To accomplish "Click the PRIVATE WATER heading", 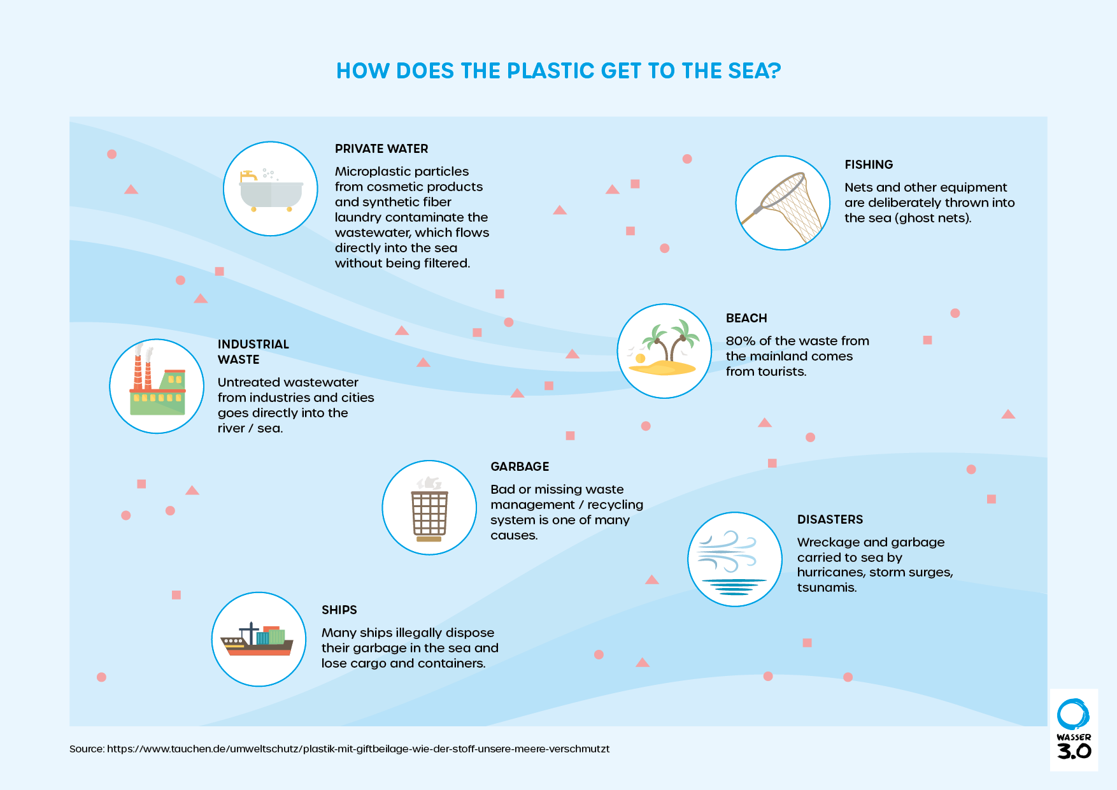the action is tap(381, 148).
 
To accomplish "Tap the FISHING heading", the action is tap(869, 164).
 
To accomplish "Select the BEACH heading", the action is tap(746, 318).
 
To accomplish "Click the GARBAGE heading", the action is tap(520, 466).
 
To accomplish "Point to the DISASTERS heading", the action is tap(830, 519).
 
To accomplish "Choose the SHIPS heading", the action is tap(339, 610).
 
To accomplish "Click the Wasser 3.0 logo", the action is tap(1074, 729).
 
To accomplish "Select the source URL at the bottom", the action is tap(358, 749).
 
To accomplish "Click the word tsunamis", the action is tap(827, 587).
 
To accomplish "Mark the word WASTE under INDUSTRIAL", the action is tap(238, 359).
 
